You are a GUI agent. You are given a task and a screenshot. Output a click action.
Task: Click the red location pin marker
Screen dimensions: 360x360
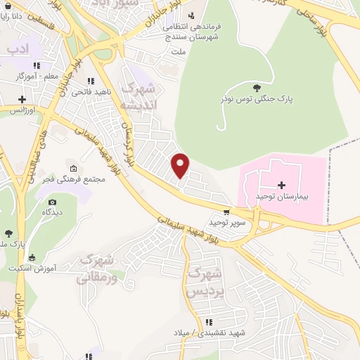(181, 165)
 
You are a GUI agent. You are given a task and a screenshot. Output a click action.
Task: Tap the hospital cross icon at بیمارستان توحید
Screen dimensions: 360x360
(282, 185)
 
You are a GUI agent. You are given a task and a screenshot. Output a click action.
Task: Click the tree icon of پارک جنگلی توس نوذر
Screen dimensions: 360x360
(256, 87)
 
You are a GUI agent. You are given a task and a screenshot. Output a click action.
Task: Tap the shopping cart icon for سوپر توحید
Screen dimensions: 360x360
(226, 211)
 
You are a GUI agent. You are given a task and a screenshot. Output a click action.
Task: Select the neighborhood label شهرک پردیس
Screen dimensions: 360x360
(207, 281)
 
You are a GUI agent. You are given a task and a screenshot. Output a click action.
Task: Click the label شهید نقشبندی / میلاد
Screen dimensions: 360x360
(203, 331)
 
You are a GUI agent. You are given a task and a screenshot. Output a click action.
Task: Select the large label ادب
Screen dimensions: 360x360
(17, 49)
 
